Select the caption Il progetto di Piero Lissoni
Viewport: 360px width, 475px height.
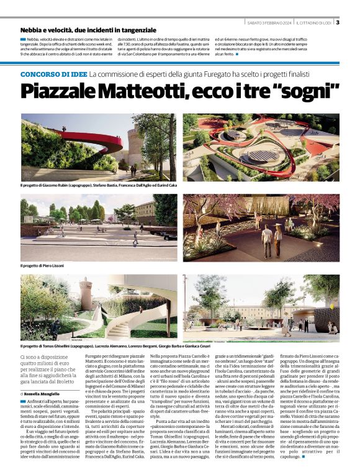(x=46, y=265)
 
